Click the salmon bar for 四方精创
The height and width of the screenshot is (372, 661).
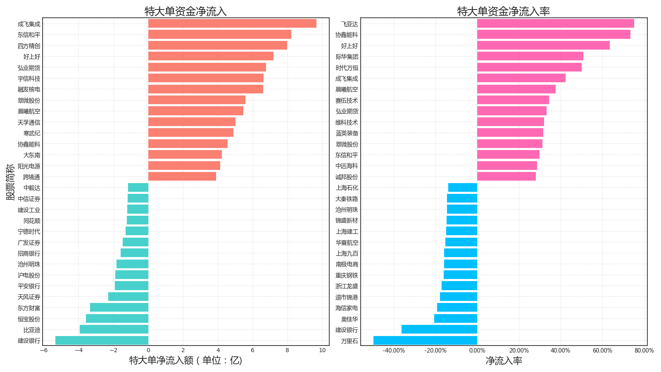click(x=218, y=45)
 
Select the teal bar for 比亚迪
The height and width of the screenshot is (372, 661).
click(x=114, y=329)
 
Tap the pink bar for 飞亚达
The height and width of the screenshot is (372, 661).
click(x=555, y=24)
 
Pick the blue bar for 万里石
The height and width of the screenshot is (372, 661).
click(x=425, y=341)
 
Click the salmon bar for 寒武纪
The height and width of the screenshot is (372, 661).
click(x=191, y=133)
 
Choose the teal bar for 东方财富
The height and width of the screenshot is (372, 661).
click(x=119, y=308)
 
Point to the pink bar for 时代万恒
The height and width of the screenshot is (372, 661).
click(x=529, y=67)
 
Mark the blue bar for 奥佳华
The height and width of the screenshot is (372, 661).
click(x=456, y=319)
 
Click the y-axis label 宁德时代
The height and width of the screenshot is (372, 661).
click(x=29, y=232)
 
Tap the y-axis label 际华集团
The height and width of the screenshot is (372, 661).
click(x=347, y=57)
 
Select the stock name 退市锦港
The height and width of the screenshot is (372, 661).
click(x=347, y=297)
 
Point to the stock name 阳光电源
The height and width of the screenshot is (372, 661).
click(x=29, y=166)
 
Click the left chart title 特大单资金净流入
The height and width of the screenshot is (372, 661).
click(x=185, y=11)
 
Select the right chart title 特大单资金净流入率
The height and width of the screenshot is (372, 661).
click(x=504, y=11)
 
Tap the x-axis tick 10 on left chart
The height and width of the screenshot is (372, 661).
click(x=322, y=351)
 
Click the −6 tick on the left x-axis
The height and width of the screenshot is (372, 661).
click(x=44, y=351)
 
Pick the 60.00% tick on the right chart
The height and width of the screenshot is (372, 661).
click(x=602, y=351)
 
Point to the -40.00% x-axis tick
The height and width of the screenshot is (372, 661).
click(x=394, y=351)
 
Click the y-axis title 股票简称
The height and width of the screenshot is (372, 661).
click(x=10, y=182)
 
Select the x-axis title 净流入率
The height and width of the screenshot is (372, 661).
click(x=504, y=361)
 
